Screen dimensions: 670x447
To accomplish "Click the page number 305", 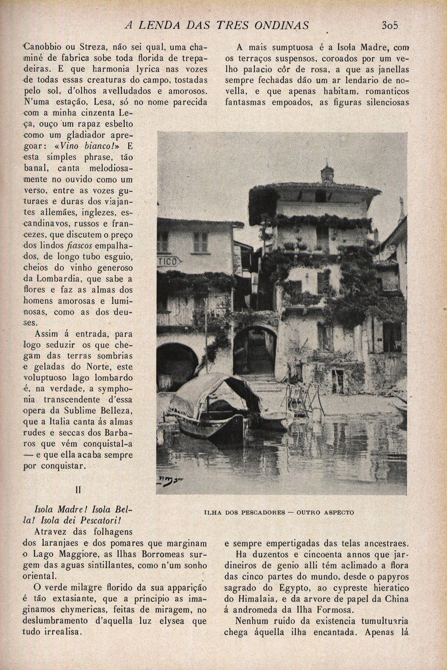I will click(390, 25).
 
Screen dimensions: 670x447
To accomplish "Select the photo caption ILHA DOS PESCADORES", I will click(278, 512).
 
